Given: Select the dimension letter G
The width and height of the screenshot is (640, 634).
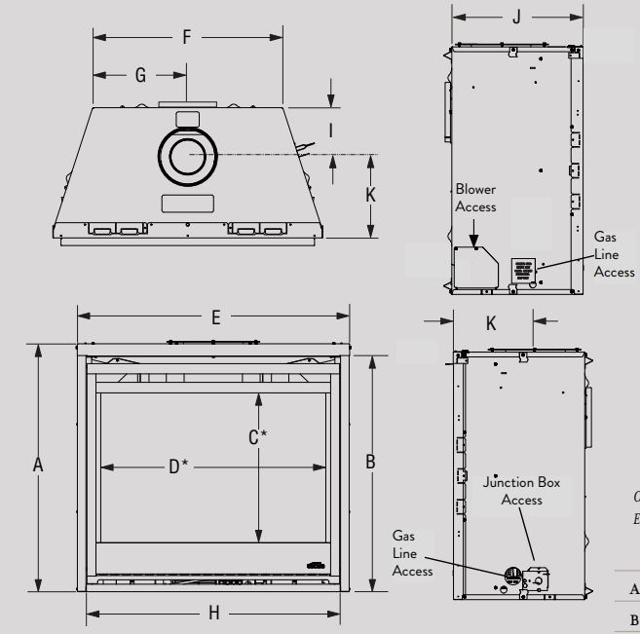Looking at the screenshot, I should [x=139, y=74].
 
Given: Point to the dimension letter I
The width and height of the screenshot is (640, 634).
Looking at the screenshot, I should [x=332, y=129].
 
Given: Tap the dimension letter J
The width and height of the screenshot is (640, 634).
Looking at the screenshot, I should [x=516, y=17].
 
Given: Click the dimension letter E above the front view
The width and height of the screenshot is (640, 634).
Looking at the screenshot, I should [x=216, y=317].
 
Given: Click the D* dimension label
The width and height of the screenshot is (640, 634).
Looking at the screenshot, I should [x=178, y=467].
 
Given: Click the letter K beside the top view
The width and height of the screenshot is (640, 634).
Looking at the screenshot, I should [x=370, y=194].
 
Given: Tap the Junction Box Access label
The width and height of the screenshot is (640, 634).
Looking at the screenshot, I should [x=521, y=491].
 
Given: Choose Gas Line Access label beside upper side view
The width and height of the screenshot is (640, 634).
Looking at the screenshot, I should [x=614, y=254].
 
